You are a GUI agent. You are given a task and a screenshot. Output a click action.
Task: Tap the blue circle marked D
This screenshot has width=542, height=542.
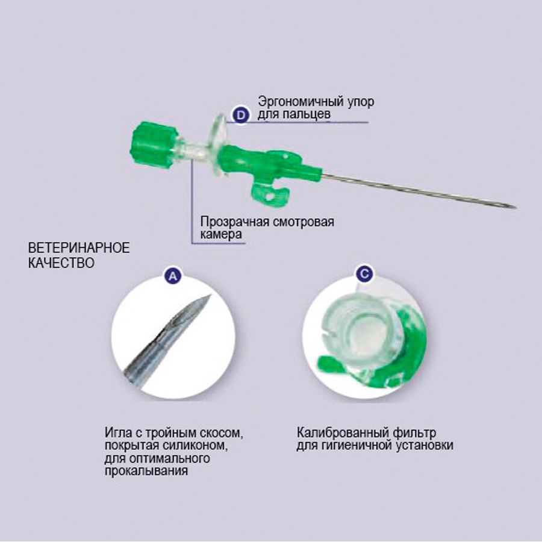click(240, 115)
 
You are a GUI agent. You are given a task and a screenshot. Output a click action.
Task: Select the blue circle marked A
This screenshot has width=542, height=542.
click(173, 276)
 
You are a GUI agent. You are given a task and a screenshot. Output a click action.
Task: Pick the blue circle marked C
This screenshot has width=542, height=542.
click(365, 274)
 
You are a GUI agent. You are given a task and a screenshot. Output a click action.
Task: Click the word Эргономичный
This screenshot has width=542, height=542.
click(301, 102)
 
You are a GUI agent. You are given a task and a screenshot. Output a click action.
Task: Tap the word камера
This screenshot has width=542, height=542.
click(221, 234)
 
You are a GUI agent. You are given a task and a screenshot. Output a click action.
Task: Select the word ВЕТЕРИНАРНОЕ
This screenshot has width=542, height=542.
click(79, 248)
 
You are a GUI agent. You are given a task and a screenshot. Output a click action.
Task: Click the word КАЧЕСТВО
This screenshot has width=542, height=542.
click(61, 263)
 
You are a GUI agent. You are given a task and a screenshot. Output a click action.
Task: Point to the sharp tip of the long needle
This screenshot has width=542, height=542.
click(516, 208)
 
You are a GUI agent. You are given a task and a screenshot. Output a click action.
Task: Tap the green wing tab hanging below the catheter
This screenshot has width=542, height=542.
click(269, 195)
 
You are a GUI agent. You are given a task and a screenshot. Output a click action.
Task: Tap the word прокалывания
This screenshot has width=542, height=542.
click(146, 471)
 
